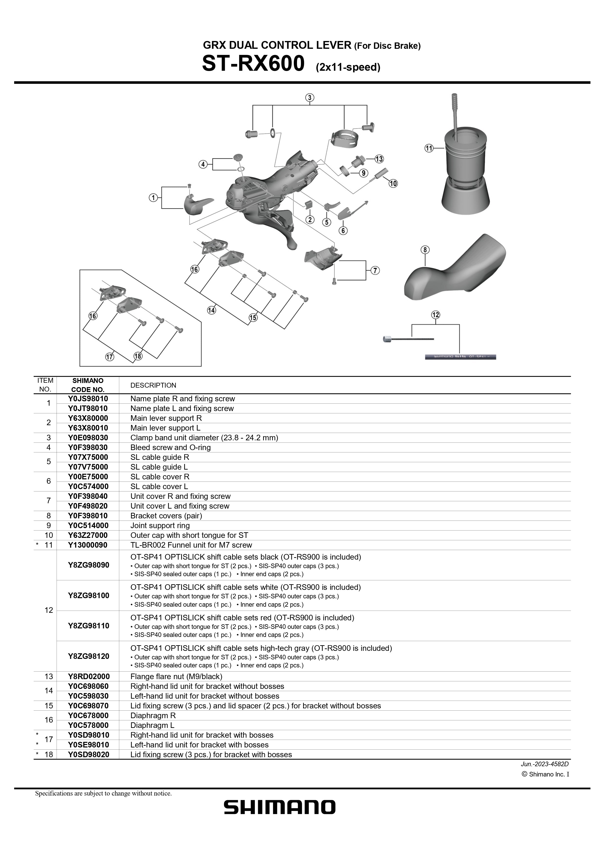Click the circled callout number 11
(429, 148)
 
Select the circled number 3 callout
(310, 98)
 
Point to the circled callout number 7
(375, 270)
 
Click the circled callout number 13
(379, 159)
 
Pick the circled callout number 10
(393, 183)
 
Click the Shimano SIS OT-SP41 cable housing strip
(460, 357)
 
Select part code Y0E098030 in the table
(88, 437)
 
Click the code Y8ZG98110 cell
(88, 626)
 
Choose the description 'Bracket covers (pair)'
(166, 516)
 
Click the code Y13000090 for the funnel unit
(88, 545)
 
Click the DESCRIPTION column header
(153, 385)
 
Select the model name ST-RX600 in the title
(253, 64)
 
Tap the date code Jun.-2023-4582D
(545, 764)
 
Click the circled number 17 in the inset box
(109, 357)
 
